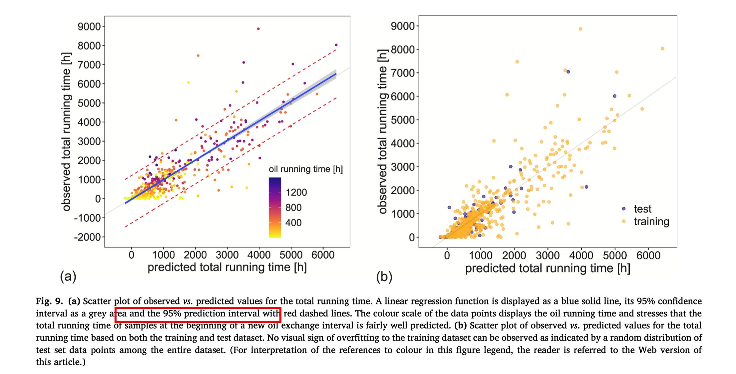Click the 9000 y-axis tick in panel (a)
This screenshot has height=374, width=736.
[x=89, y=27]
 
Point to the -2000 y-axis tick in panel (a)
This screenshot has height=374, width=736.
[x=87, y=237]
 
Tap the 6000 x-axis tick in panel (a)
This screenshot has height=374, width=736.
[x=322, y=255]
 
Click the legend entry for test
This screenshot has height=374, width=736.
[x=642, y=209]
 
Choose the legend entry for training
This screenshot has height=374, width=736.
[x=651, y=221]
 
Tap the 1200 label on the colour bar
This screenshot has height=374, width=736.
[x=296, y=192]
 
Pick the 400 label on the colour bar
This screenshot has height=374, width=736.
[x=293, y=223]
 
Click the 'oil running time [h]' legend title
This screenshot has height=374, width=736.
[x=305, y=169]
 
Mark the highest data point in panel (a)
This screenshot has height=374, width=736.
[x=258, y=29]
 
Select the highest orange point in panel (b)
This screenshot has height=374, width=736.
[x=580, y=29]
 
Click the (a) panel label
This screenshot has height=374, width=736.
[x=68, y=276]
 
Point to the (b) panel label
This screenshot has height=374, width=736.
[x=384, y=277]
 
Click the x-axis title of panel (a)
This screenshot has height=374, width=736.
[x=227, y=267]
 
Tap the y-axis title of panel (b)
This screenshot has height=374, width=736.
[x=383, y=131]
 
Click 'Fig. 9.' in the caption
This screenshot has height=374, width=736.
[x=49, y=301]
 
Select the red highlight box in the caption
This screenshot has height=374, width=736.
[x=198, y=314]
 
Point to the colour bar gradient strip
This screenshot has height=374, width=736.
[x=275, y=207]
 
